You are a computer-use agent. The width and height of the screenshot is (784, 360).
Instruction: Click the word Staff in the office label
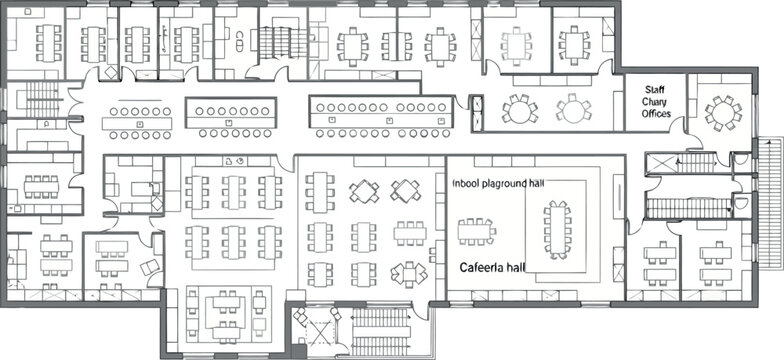654,90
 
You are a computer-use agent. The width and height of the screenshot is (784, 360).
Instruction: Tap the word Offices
656,114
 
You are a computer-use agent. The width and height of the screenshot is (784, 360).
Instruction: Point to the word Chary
654,102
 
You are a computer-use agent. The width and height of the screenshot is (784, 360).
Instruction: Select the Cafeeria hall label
492,268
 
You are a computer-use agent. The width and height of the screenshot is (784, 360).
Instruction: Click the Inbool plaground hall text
498,184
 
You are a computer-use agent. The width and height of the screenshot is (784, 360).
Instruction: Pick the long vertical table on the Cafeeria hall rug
556,230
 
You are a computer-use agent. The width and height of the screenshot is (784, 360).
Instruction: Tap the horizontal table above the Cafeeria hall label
476,232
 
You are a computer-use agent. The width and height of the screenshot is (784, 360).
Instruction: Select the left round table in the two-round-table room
520,109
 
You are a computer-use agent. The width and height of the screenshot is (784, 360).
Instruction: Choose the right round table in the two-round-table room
574,109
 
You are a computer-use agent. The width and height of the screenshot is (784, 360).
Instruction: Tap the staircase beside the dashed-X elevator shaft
380,332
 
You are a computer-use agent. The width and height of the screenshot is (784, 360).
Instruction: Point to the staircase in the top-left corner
42,98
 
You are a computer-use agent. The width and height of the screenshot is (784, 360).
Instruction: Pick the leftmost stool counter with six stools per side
137,122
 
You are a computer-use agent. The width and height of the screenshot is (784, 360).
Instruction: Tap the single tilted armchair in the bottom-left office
150,267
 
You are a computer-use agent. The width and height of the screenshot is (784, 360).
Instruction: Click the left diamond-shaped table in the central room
364,191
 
